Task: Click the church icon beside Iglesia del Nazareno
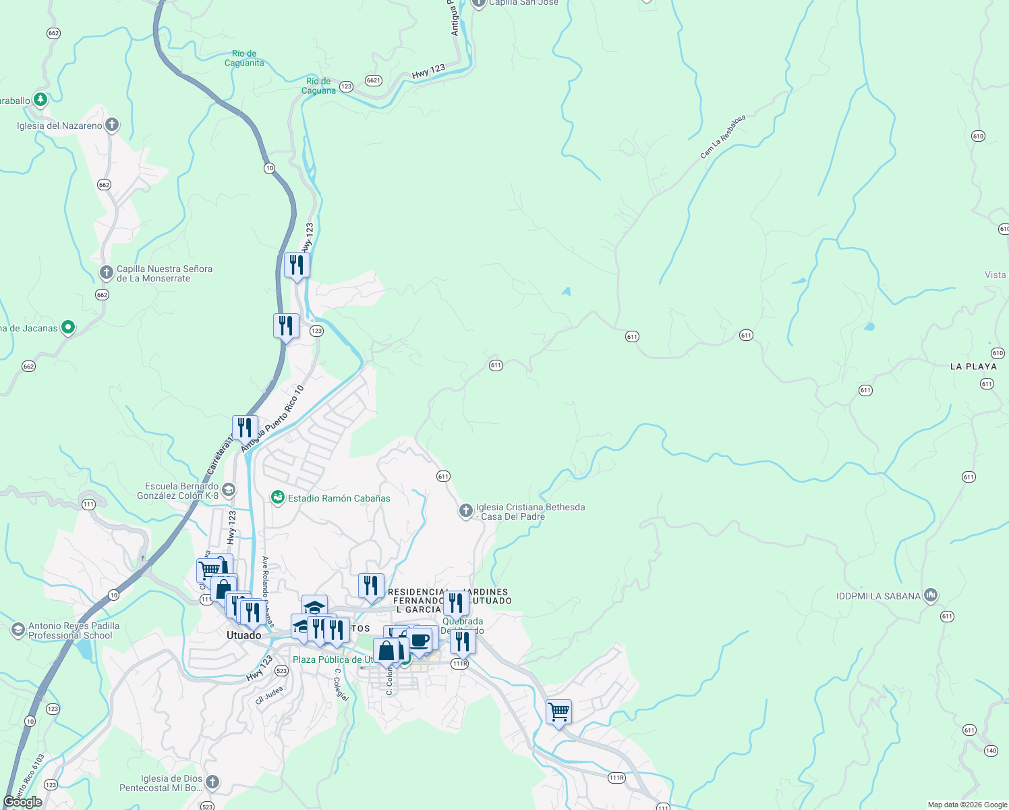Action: pyautogui.click(x=112, y=125)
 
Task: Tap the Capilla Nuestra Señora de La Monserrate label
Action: pyautogui.click(x=164, y=273)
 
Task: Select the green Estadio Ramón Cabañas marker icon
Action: pyautogui.click(x=277, y=497)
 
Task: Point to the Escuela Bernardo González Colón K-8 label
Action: pyautogui.click(x=178, y=491)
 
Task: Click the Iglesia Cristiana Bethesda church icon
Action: pyautogui.click(x=465, y=510)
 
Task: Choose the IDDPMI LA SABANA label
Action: pyautogui.click(x=878, y=596)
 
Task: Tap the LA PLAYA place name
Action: pyautogui.click(x=973, y=367)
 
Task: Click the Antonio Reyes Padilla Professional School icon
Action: pyautogui.click(x=18, y=630)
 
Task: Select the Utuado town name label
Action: pyautogui.click(x=243, y=635)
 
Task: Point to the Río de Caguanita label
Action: pyautogui.click(x=244, y=58)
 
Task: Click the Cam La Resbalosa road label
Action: pyautogui.click(x=722, y=137)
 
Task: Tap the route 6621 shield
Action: pyautogui.click(x=374, y=80)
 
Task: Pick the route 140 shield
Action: pyautogui.click(x=991, y=751)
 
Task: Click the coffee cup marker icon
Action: pyautogui.click(x=420, y=640)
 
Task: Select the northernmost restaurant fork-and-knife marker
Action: pyautogui.click(x=297, y=265)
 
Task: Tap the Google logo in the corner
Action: pyautogui.click(x=23, y=802)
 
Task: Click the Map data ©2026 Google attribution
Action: pyautogui.click(x=967, y=805)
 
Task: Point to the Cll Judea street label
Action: pyautogui.click(x=268, y=695)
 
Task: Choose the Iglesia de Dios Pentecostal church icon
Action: pyautogui.click(x=212, y=782)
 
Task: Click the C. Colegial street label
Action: pyautogui.click(x=341, y=684)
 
